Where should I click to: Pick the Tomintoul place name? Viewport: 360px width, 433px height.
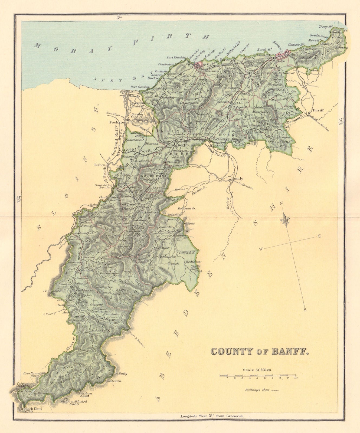point(79,316)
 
